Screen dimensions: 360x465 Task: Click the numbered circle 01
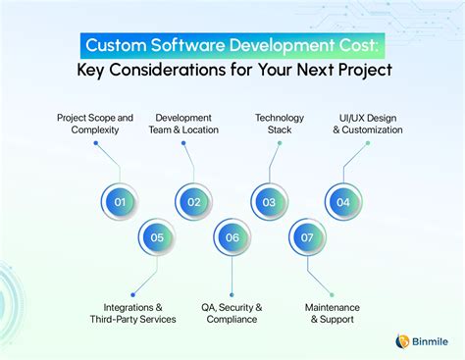pyautogui.click(x=120, y=202)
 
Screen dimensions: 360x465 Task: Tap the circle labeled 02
pyautogui.click(x=194, y=202)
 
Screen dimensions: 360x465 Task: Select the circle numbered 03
pyautogui.click(x=269, y=202)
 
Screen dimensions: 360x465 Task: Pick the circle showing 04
pyautogui.click(x=343, y=202)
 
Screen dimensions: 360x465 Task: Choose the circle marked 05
pyautogui.click(x=157, y=236)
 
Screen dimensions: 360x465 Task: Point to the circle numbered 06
pyautogui.click(x=232, y=236)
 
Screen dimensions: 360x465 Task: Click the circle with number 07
pyautogui.click(x=306, y=236)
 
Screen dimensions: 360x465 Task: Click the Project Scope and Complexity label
pyautogui.click(x=95, y=123)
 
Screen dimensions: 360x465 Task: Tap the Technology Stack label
pyautogui.click(x=280, y=123)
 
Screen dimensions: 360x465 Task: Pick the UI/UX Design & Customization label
pyautogui.click(x=368, y=123)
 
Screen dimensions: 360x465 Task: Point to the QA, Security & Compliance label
pyautogui.click(x=232, y=313)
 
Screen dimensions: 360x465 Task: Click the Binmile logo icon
pyautogui.click(x=401, y=340)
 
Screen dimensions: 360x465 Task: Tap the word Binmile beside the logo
pyautogui.click(x=430, y=341)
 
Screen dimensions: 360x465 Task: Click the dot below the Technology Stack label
pyautogui.click(x=280, y=143)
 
